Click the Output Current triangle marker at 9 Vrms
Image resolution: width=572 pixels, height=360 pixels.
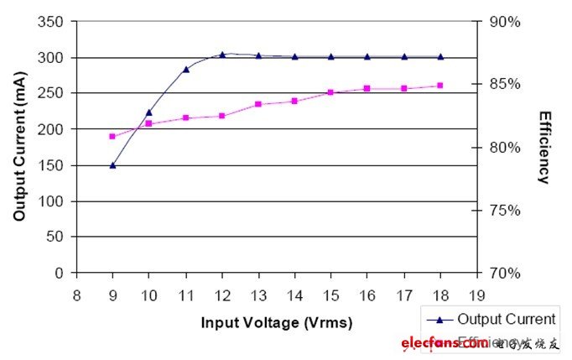(112, 165)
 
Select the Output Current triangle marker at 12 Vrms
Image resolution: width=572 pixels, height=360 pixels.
(222, 55)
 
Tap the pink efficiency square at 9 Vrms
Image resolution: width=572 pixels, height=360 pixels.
(112, 136)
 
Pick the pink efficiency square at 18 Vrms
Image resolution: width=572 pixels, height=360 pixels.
(440, 86)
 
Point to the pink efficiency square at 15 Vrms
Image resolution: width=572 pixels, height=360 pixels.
(330, 92)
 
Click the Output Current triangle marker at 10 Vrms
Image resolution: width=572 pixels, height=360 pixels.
(149, 112)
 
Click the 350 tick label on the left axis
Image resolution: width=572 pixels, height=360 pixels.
(52, 22)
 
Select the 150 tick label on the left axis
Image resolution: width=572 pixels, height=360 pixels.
(52, 165)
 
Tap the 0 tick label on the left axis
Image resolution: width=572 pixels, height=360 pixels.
(60, 273)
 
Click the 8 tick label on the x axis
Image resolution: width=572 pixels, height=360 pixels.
(76, 295)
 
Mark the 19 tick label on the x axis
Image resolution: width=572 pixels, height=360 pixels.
(477, 295)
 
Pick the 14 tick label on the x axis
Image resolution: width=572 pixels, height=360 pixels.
(294, 295)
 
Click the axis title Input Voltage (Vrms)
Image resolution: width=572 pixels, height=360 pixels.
(277, 323)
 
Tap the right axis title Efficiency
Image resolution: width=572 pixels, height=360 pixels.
(544, 147)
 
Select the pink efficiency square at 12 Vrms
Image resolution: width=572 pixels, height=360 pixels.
(222, 116)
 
